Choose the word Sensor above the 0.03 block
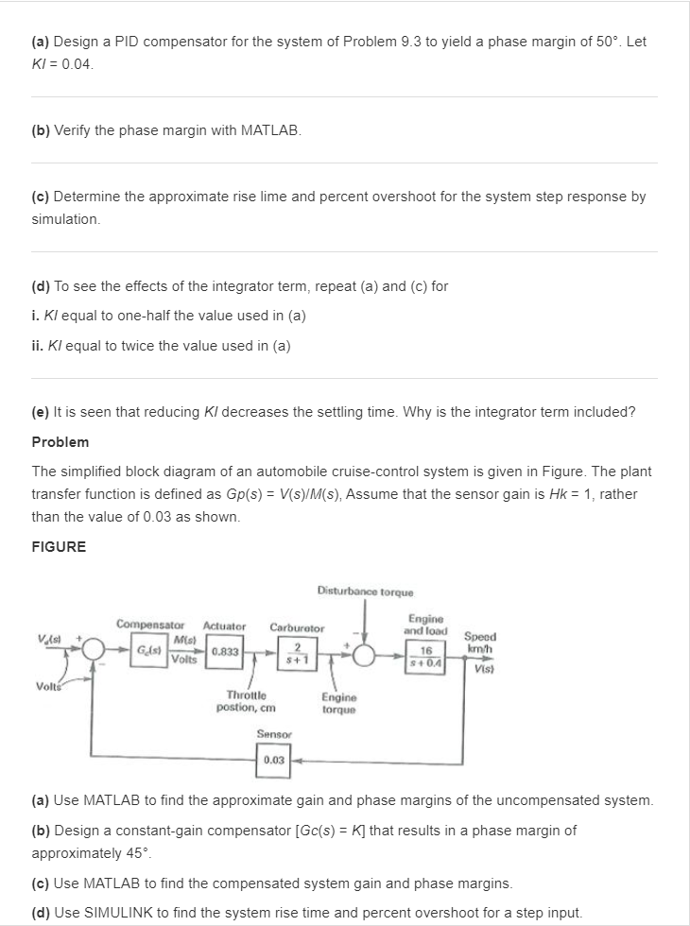pos(274,732)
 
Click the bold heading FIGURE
pos(59,546)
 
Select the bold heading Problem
pos(60,442)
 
